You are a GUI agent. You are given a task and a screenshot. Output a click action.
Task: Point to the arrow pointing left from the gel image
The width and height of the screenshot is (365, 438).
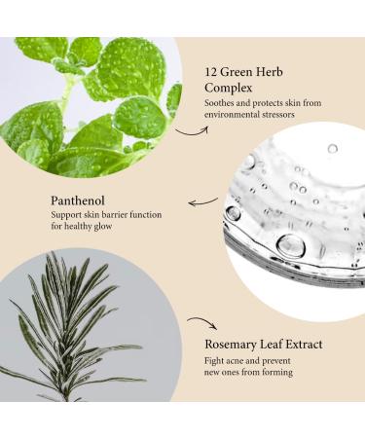(201, 202)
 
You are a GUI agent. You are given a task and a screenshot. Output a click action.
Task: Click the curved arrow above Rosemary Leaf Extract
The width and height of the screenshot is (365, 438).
(201, 323)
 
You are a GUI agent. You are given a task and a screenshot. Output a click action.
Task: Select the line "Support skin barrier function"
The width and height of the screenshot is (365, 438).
(105, 215)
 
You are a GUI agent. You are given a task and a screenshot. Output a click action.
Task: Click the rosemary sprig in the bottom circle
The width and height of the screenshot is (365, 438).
(73, 331)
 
